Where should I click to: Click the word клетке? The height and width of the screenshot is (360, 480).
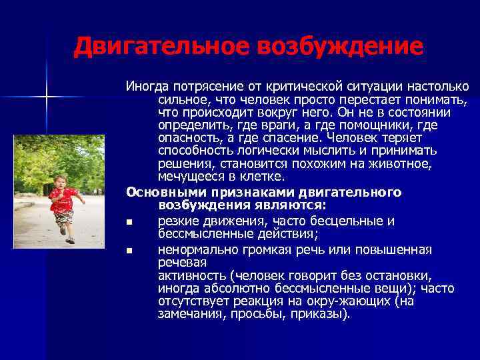259,177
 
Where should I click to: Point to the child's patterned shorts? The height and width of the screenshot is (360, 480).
64,217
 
